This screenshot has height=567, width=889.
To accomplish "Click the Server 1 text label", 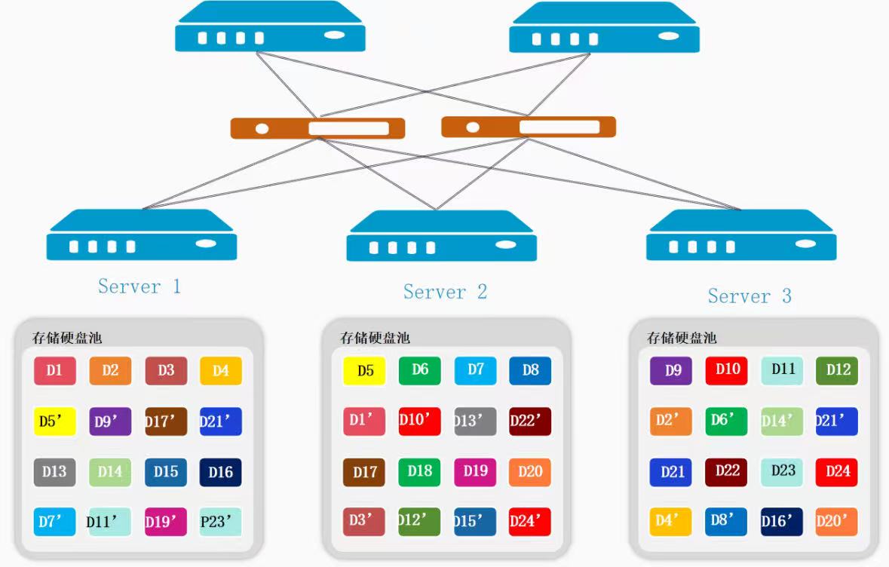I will (139, 287).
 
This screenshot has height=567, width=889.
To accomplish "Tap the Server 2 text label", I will (445, 292).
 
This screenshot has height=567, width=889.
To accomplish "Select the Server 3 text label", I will (750, 296).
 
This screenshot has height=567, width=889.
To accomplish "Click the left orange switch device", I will (317, 128).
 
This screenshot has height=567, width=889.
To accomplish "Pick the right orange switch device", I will (529, 127).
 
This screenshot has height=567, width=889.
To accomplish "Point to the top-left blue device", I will (270, 29).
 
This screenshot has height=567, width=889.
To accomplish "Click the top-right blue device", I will (604, 29).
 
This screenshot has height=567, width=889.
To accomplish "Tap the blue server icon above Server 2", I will (442, 237).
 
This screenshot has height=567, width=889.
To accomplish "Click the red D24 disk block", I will (837, 472).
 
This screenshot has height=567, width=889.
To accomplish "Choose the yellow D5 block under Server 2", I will (365, 371).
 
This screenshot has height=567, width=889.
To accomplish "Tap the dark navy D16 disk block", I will (220, 472).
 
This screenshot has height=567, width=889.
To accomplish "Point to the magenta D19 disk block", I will (475, 472).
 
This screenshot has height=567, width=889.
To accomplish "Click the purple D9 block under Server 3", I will (671, 371).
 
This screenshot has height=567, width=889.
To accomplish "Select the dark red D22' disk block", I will (529, 421).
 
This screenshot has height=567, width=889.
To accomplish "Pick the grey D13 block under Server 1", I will (54, 472).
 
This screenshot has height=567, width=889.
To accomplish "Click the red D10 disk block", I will (727, 371).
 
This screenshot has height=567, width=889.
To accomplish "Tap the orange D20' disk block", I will (837, 522).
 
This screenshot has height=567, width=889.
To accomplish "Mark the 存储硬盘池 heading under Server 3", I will (682, 338).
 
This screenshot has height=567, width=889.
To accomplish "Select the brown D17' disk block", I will (166, 421).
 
